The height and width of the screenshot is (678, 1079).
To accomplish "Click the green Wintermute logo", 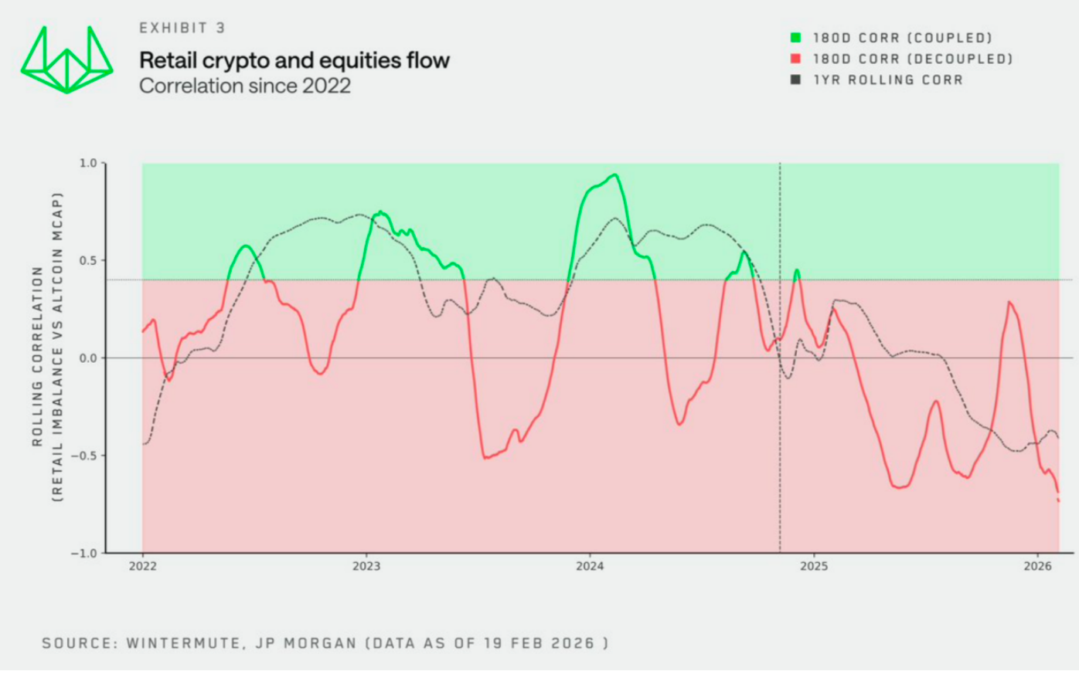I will click(66, 60).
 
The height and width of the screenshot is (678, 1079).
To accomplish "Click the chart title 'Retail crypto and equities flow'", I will click(294, 60).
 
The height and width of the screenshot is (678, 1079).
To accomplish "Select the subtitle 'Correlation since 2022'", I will click(244, 86).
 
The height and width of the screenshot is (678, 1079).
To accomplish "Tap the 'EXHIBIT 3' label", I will click(182, 28).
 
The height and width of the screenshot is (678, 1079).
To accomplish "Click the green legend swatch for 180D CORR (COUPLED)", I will click(795, 37).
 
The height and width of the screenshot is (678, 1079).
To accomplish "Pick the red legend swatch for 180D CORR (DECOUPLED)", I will click(795, 59).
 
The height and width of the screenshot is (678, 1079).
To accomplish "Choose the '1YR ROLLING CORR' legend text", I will click(888, 80).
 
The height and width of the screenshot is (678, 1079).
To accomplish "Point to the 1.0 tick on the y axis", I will click(88, 163).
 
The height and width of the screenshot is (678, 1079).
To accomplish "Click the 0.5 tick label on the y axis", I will click(88, 260).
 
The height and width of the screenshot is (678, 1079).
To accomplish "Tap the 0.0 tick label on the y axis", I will click(88, 358).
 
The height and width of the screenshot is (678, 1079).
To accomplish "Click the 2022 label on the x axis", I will click(142, 567).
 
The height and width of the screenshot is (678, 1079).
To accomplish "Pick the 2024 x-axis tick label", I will click(590, 567).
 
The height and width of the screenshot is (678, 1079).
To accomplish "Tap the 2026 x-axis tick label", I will click(1037, 567).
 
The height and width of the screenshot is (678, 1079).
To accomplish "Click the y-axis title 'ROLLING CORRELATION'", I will click(37, 356).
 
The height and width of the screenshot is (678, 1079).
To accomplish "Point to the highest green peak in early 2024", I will click(614, 175).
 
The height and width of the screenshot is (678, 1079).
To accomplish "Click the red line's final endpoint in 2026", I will click(1058, 500).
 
